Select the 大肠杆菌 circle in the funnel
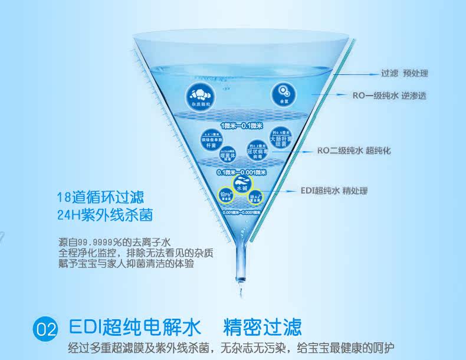pos(281,138)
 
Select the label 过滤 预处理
pos(404,74)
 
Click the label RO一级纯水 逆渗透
pos(389,95)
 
